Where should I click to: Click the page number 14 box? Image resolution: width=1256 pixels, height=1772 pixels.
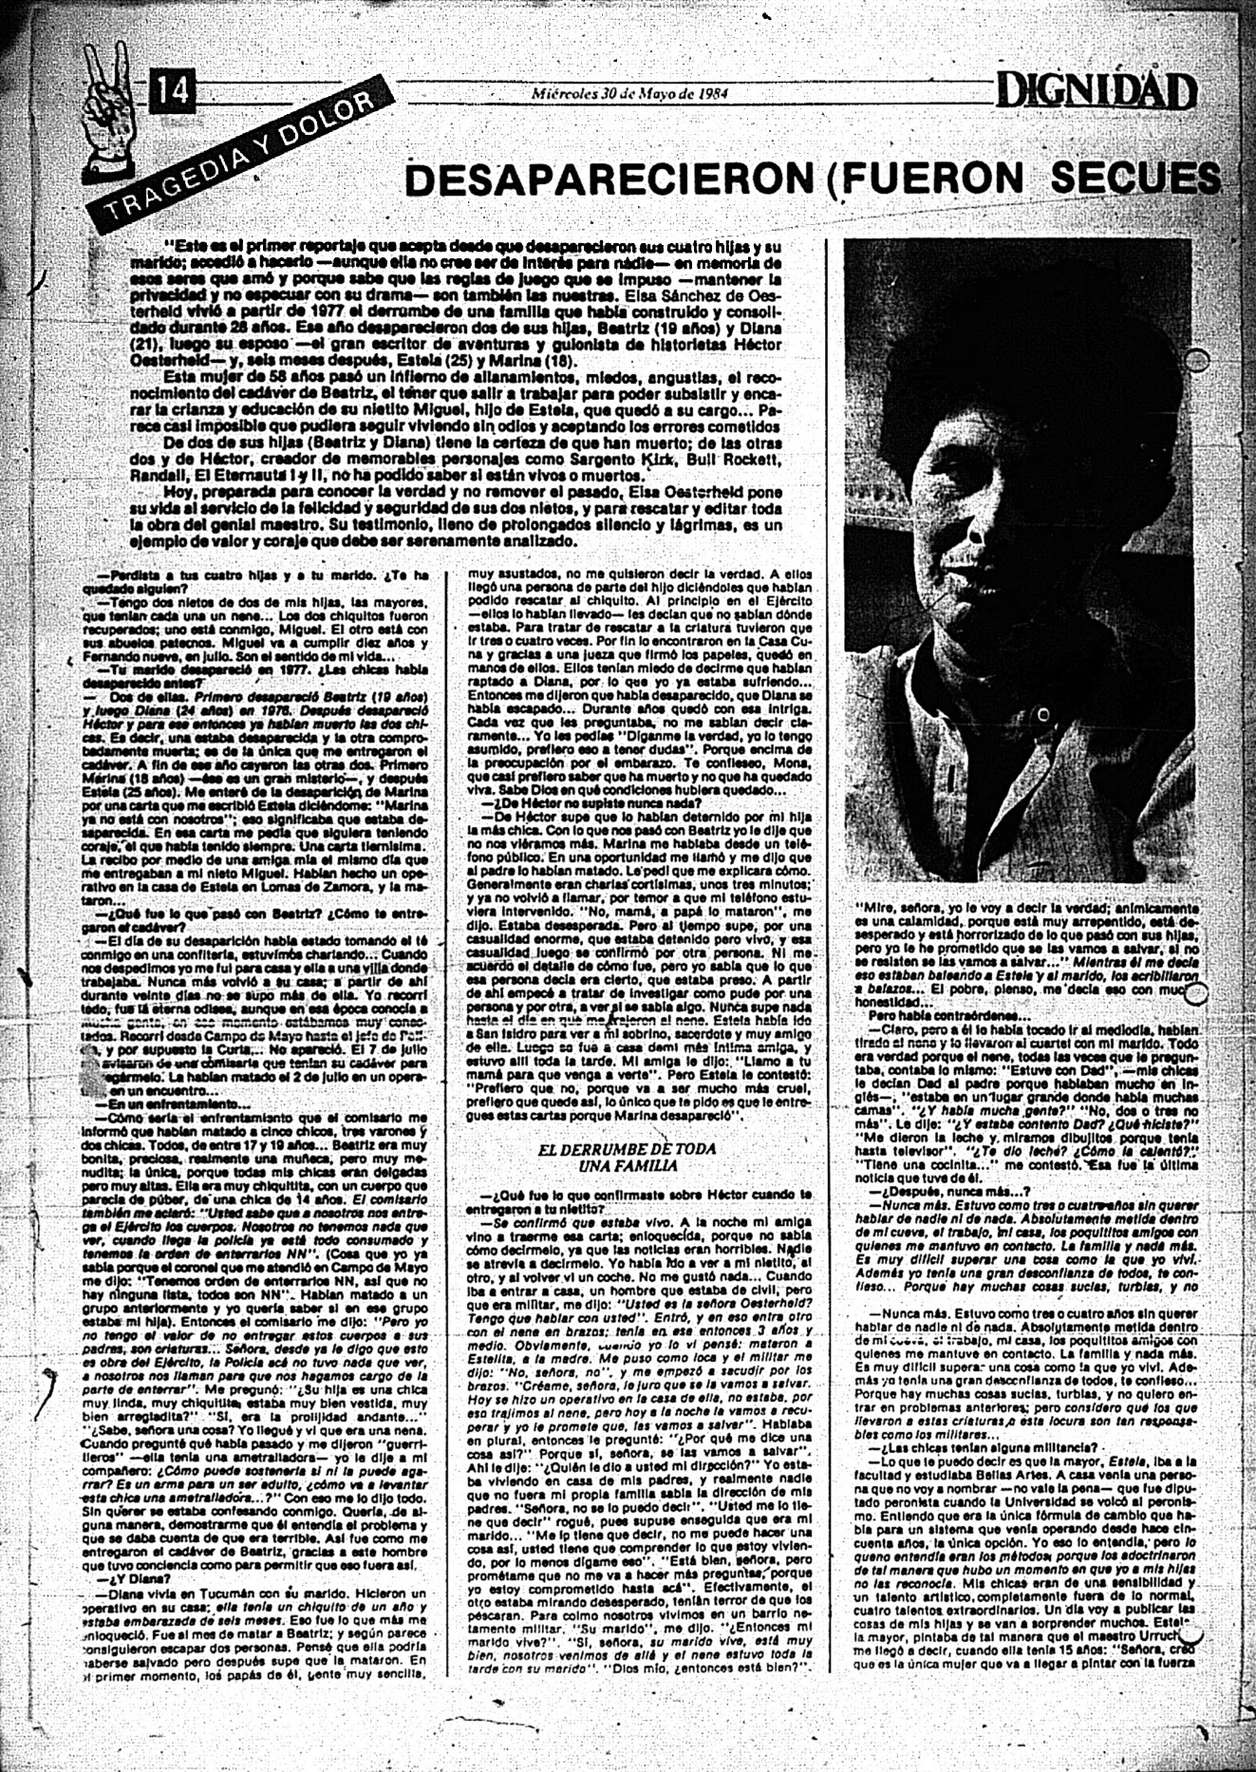172,92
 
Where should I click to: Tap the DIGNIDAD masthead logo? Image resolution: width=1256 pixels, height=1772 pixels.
1096,93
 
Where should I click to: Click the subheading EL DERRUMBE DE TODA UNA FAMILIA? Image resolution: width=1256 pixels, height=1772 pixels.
627,1157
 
